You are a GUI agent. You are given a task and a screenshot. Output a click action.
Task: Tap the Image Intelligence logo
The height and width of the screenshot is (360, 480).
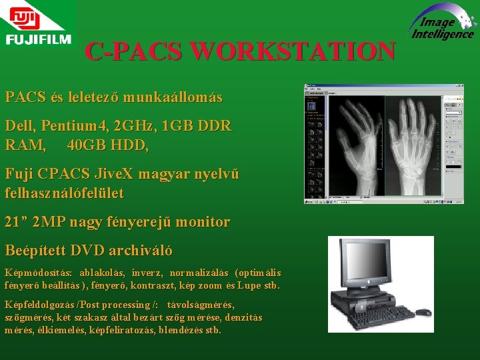coord(442,24)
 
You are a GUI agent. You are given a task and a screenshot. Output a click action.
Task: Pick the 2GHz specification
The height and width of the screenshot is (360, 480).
coord(133,126)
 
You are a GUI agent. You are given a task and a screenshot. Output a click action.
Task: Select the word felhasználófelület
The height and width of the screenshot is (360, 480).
coord(64,193)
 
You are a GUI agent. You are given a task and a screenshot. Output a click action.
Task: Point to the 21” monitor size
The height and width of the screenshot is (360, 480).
coord(15,222)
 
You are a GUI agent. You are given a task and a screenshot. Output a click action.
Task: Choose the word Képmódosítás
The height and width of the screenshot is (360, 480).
coord(38,273)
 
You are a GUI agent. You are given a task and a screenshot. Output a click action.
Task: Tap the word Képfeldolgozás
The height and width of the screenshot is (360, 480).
coord(41,305)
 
